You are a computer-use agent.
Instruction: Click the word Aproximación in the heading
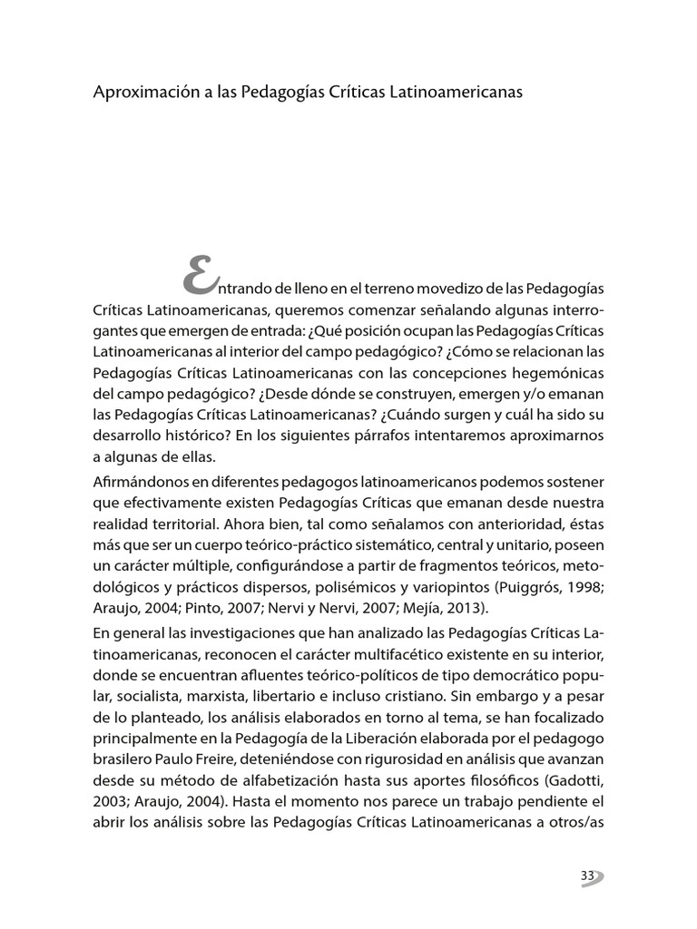pyautogui.click(x=138, y=94)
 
